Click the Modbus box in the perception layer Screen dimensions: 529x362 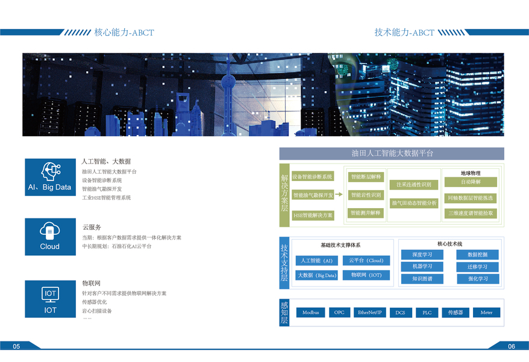[x=310, y=313]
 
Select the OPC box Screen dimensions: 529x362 [x=339, y=313]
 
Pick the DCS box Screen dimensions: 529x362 [x=400, y=313]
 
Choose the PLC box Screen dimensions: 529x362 [x=427, y=313]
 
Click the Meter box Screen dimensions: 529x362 [x=486, y=313]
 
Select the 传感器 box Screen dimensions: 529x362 [x=455, y=313]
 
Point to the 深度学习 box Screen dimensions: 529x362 [x=422, y=255]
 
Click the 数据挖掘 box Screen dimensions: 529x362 [x=478, y=255]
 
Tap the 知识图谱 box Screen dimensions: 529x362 [x=422, y=279]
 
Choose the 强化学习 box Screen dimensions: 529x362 [x=478, y=279]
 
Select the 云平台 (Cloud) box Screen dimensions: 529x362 [x=366, y=261]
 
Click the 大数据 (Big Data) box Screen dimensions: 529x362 [x=317, y=275]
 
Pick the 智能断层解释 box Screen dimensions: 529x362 [x=366, y=177]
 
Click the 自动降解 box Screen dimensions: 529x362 [x=471, y=182]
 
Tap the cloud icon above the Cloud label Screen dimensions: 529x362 [x=50, y=230]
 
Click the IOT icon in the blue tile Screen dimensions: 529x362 [x=50, y=294]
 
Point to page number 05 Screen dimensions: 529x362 [x=16, y=346]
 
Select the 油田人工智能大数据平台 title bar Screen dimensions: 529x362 [x=392, y=153]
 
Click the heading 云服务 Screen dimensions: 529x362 [x=92, y=227]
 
